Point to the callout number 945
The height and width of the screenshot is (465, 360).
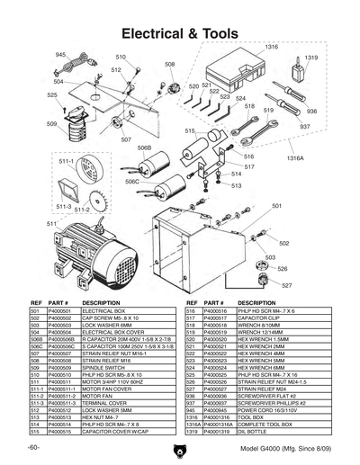(61, 56)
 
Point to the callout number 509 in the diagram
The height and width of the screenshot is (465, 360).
(52, 123)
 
